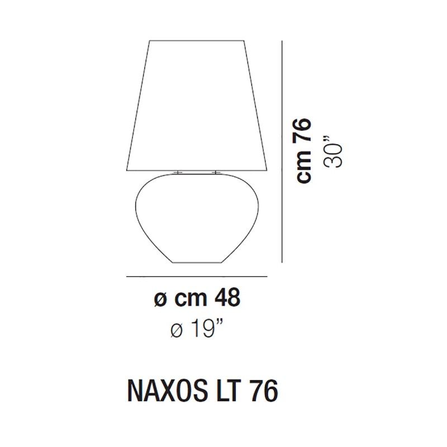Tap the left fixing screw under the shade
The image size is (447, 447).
click(x=178, y=173)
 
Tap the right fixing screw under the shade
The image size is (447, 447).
click(x=216, y=173)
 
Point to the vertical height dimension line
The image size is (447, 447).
click(x=280, y=151)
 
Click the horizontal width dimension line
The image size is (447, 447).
click(x=197, y=277)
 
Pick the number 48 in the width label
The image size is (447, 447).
click(x=227, y=299)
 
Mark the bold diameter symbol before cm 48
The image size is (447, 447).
click(x=160, y=301)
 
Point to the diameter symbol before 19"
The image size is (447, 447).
click(x=177, y=331)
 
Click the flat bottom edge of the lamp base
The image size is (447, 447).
click(x=197, y=264)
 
